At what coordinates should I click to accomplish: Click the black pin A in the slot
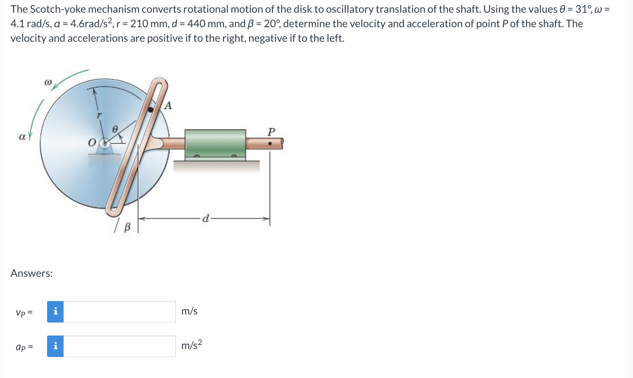(151, 109)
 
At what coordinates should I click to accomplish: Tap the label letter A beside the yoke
(167, 106)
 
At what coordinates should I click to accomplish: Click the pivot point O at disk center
(105, 143)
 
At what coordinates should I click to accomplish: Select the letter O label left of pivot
(92, 143)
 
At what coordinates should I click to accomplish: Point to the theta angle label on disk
(115, 129)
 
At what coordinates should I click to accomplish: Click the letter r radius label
(99, 115)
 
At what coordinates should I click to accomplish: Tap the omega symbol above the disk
(48, 82)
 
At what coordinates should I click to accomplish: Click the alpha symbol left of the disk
(22, 137)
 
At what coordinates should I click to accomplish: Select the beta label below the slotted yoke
(127, 227)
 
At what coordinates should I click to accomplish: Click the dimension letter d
(206, 218)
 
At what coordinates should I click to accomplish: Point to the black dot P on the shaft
(270, 144)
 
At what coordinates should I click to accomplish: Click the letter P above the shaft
(271, 131)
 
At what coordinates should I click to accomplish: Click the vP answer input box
(119, 312)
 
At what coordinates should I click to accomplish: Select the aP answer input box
(119, 346)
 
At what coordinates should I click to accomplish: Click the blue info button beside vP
(55, 312)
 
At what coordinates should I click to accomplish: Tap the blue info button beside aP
(55, 346)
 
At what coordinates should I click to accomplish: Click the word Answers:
(32, 273)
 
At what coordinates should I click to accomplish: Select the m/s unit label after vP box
(189, 311)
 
